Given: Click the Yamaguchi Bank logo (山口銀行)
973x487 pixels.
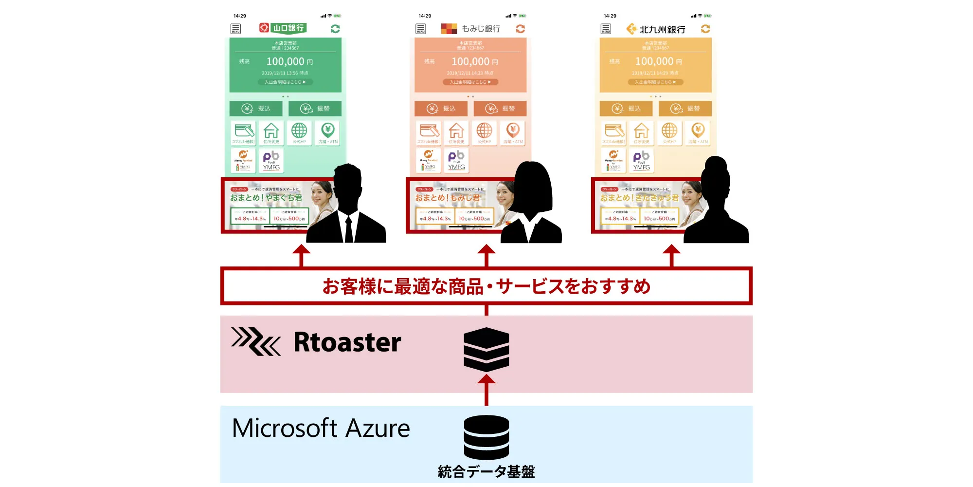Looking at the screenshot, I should pos(283,28).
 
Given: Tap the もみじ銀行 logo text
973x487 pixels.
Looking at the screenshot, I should pos(480,29).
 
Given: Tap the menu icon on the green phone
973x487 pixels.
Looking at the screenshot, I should pos(235,29).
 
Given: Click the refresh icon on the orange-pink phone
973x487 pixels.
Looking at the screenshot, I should pos(520,29).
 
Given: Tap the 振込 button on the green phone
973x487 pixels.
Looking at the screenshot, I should pos(256,109).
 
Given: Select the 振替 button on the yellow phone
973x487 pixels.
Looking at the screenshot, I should pos(685,109).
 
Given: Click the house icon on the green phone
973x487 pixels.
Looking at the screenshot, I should pos(271,132).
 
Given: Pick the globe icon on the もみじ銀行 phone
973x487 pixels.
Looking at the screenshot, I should pos(484,132).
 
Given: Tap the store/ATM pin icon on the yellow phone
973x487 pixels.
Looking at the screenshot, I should pos(698,132).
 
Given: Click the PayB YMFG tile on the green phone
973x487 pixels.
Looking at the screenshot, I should pos(271,160).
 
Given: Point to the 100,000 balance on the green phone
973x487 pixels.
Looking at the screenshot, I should pos(286,62).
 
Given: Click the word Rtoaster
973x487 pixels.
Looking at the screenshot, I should pos(347,342).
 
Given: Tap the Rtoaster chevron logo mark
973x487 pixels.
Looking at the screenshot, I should pos(256,341).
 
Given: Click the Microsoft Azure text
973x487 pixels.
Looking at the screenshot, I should pos(321,429).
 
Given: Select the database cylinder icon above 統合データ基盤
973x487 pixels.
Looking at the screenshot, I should pos(486,437).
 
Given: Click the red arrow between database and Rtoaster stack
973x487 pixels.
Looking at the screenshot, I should pos(486,390).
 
